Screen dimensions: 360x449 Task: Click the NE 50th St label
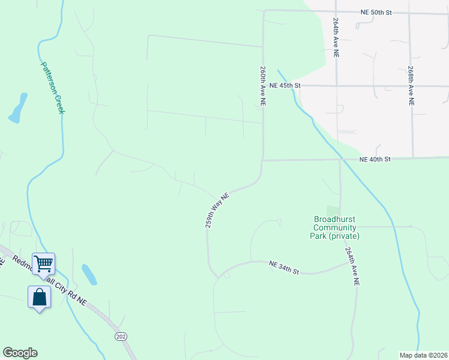(376, 12)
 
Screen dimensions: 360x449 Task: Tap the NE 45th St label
(284, 86)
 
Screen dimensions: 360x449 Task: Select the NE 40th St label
(375, 159)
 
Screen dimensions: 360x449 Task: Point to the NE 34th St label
(284, 267)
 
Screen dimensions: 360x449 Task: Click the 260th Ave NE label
(263, 87)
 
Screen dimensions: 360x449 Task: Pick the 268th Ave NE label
(411, 86)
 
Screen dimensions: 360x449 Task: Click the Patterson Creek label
(53, 88)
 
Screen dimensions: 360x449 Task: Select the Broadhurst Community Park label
(334, 227)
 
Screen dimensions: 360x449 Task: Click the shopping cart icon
(43, 263)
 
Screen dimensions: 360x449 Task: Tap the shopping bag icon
(39, 296)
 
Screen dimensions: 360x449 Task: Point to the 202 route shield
(120, 337)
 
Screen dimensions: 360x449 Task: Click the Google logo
(20, 353)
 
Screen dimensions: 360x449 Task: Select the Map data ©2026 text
(423, 355)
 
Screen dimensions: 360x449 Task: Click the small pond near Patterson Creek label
(18, 107)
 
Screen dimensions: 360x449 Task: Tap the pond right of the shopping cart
(89, 274)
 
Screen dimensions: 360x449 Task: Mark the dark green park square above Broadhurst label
(333, 211)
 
